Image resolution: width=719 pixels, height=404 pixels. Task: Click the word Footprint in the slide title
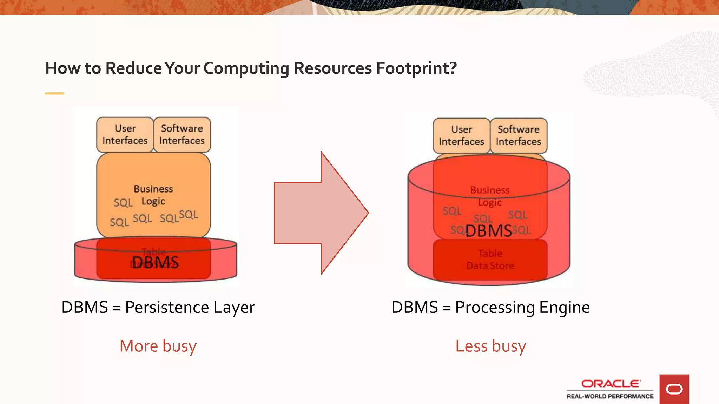[x=416, y=68]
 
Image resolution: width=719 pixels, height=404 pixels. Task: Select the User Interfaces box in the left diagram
[x=125, y=135]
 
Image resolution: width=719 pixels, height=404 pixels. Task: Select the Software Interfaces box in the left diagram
[x=182, y=135]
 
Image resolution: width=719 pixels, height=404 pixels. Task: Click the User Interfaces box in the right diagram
[x=461, y=136]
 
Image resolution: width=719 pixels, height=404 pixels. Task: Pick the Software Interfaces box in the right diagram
[x=518, y=136]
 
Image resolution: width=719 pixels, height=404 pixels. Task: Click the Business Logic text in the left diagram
[x=153, y=195]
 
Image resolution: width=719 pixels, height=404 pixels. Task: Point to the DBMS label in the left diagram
[x=156, y=262]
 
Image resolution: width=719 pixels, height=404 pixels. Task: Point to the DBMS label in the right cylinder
[x=488, y=231]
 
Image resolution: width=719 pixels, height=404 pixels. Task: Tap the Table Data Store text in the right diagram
[x=490, y=260]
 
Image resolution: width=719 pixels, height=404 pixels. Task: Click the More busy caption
[x=158, y=346]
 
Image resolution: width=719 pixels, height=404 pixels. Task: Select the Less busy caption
[x=490, y=346]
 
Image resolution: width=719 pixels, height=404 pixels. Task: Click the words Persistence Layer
[x=190, y=308]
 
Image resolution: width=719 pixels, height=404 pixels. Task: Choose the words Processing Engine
[x=522, y=308]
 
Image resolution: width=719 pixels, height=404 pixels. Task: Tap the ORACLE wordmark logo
[x=611, y=384]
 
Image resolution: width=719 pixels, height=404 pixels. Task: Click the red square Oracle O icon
[x=674, y=389]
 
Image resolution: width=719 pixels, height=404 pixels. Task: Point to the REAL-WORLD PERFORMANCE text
[x=610, y=396]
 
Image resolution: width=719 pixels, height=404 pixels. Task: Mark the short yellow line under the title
[x=55, y=93]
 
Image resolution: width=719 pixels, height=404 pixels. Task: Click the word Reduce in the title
[x=134, y=68]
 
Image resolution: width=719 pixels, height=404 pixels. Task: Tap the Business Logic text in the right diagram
[x=490, y=196]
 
